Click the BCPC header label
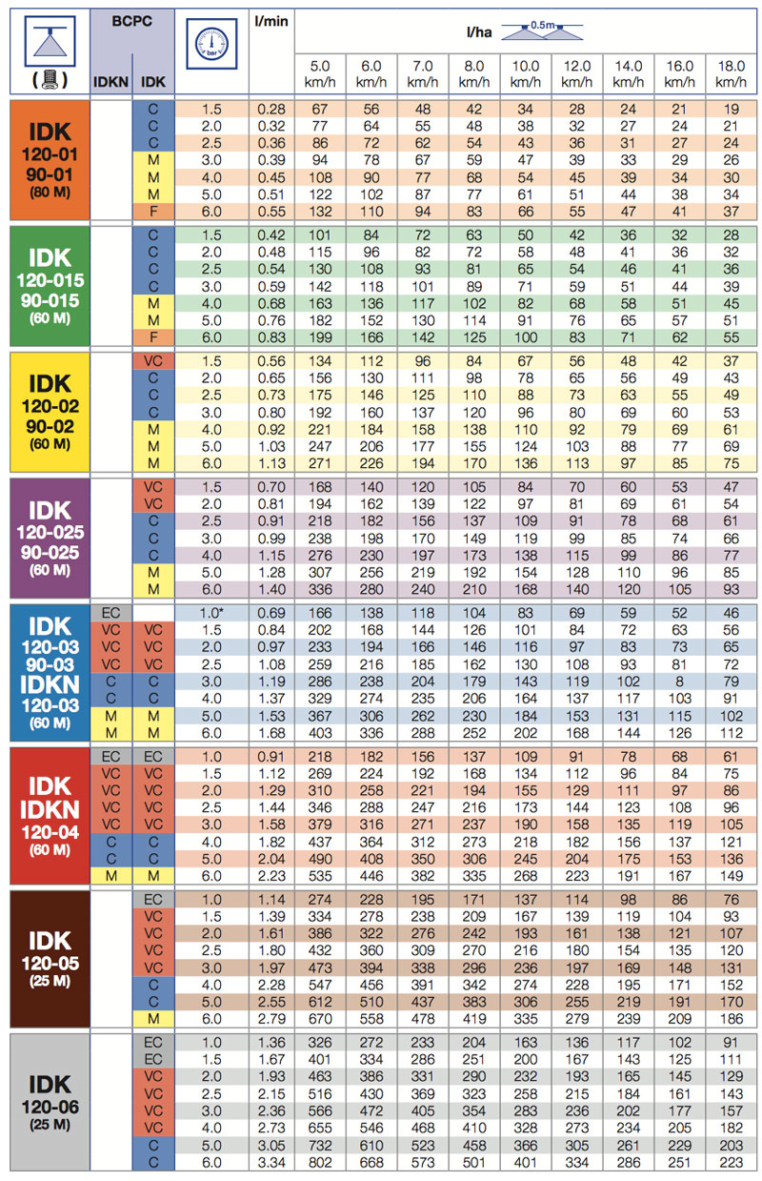pyautogui.click(x=131, y=22)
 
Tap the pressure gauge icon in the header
pyautogui.click(x=211, y=44)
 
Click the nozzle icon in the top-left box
pyautogui.click(x=50, y=41)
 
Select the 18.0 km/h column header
pyautogui.click(x=731, y=73)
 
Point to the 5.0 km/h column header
pyautogui.click(x=320, y=73)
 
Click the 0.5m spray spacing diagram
pyautogui.click(x=542, y=31)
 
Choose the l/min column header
pyautogui.click(x=271, y=22)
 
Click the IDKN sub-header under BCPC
pyautogui.click(x=110, y=82)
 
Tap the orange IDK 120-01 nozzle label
pyautogui.click(x=50, y=160)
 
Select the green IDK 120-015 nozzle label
pyautogui.click(x=50, y=286)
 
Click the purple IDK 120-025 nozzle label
pyautogui.click(x=50, y=538)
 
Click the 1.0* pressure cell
pyautogui.click(x=211, y=613)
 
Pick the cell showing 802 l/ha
pyautogui.click(x=320, y=1162)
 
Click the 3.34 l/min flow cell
pyautogui.click(x=271, y=1162)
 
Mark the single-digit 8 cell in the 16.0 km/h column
pyautogui.click(x=679, y=682)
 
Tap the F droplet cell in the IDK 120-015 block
pyautogui.click(x=153, y=337)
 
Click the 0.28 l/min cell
pyautogui.click(x=271, y=109)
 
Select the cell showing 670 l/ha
pyautogui.click(x=320, y=1019)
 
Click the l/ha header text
pyautogui.click(x=479, y=32)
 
